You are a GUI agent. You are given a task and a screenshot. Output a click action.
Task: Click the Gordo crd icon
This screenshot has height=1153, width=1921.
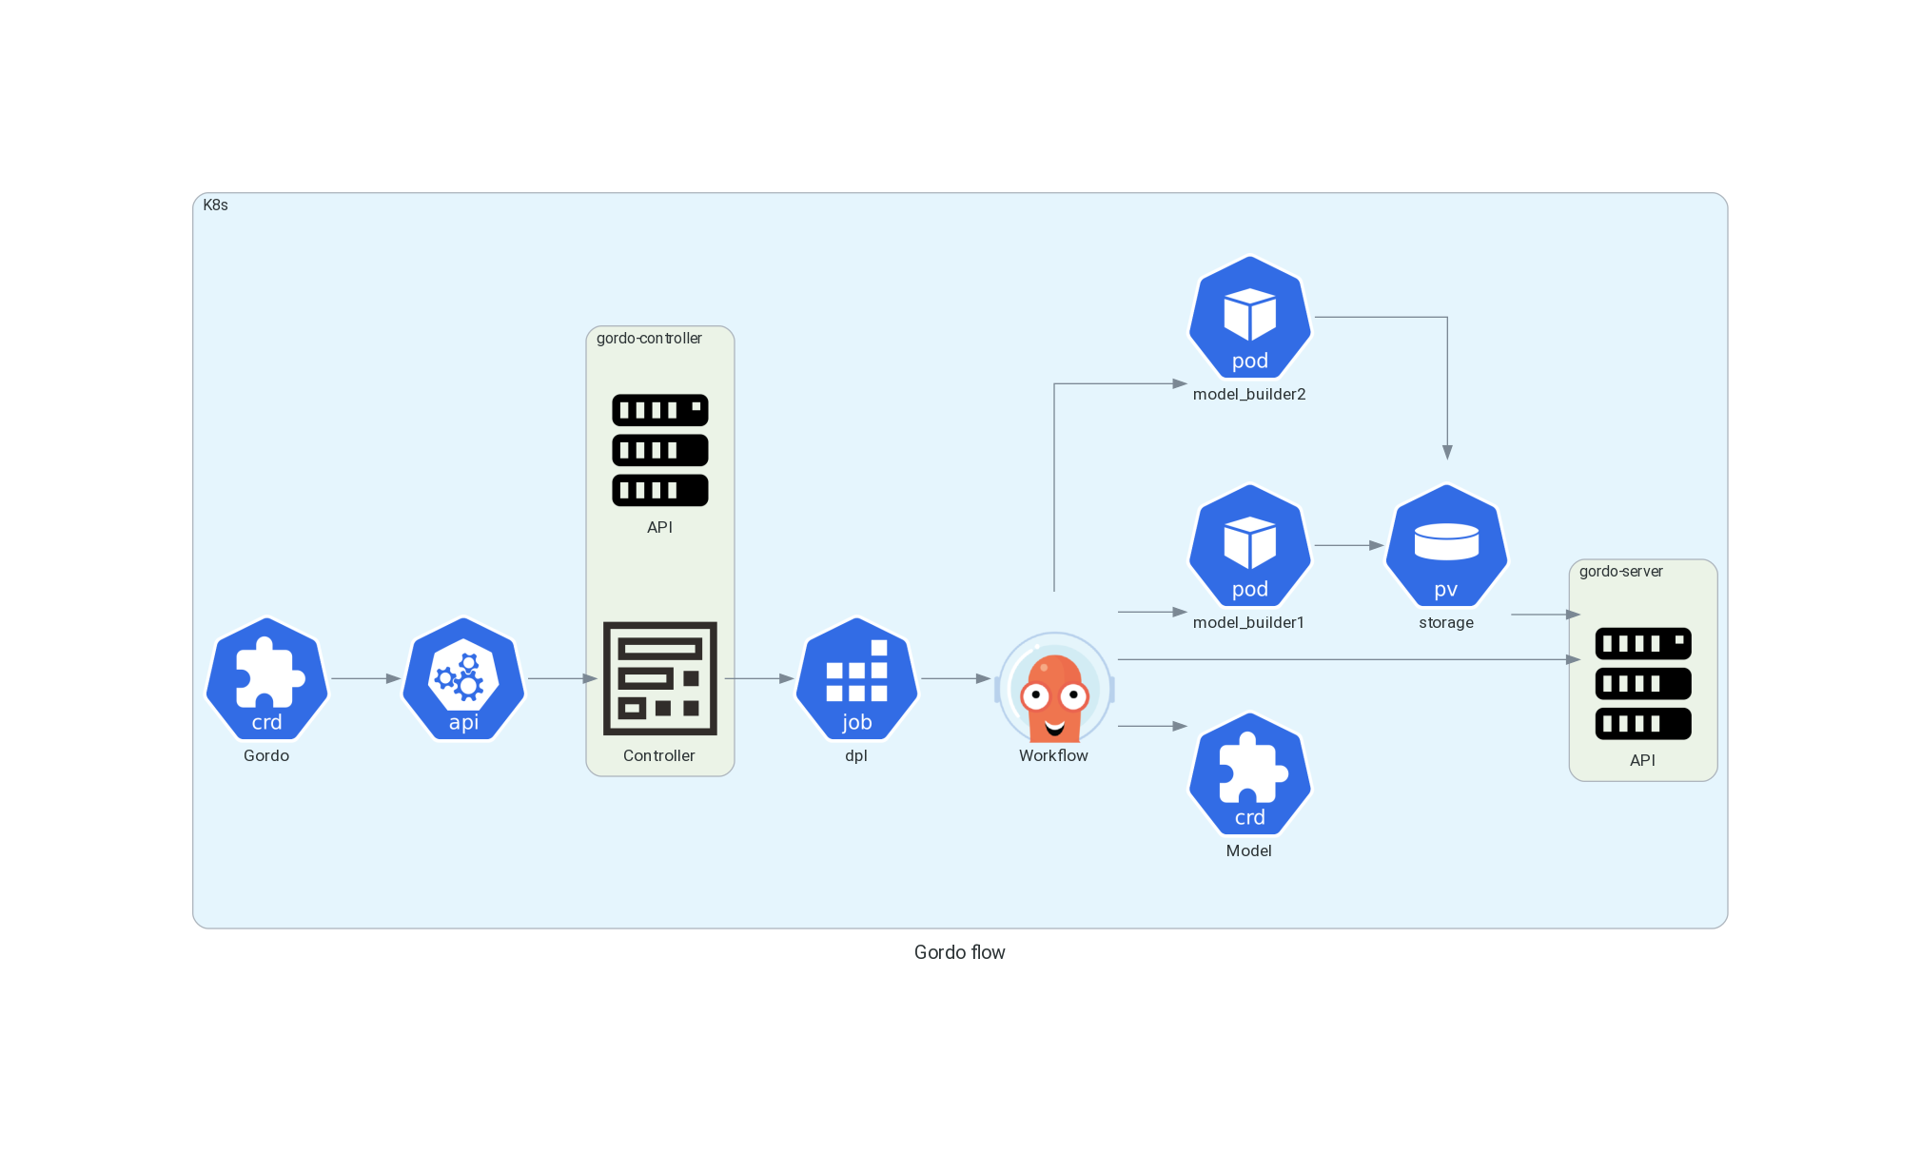pos(267,678)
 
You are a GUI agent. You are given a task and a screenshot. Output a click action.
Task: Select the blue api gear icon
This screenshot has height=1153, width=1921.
pos(463,678)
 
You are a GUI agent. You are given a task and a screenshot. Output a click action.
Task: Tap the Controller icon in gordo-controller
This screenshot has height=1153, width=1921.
pos(660,678)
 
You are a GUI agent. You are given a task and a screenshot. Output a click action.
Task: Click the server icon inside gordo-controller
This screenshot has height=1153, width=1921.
pos(660,450)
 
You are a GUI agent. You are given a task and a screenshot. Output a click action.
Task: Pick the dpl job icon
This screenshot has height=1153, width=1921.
pos(856,678)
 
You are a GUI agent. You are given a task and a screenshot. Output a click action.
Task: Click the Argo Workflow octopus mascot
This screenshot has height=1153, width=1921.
pos(1054,687)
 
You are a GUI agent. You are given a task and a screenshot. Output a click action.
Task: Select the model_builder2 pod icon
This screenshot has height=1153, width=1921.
pos(1250,317)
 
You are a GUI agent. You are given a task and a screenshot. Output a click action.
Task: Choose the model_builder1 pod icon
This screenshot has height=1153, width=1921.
pos(1250,545)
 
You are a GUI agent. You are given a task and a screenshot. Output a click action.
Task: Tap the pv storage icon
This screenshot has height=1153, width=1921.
pos(1446,545)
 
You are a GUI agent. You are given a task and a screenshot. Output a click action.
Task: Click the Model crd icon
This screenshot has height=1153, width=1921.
pos(1250,773)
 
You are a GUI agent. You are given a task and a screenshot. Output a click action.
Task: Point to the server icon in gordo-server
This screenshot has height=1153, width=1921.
pos(1643,683)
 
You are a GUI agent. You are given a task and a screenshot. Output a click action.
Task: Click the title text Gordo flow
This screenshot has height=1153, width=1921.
pos(959,952)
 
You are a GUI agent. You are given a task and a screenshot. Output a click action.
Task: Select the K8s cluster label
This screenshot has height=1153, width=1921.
pos(216,205)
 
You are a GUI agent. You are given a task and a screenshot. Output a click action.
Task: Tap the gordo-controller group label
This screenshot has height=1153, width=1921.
pos(649,338)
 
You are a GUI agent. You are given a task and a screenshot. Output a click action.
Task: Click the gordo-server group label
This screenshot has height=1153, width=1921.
pos(1621,571)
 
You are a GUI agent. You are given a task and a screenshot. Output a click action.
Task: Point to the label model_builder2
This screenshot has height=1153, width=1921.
pos(1249,394)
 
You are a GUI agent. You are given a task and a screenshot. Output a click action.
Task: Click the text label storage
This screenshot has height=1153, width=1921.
pos(1446,622)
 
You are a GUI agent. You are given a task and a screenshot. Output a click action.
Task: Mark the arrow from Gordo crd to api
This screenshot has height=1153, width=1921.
pos(365,678)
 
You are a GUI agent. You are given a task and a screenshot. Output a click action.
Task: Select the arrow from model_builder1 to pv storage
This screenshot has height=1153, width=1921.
pos(1349,545)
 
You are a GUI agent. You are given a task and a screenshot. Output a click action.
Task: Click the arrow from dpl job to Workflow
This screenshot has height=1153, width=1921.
pos(956,678)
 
